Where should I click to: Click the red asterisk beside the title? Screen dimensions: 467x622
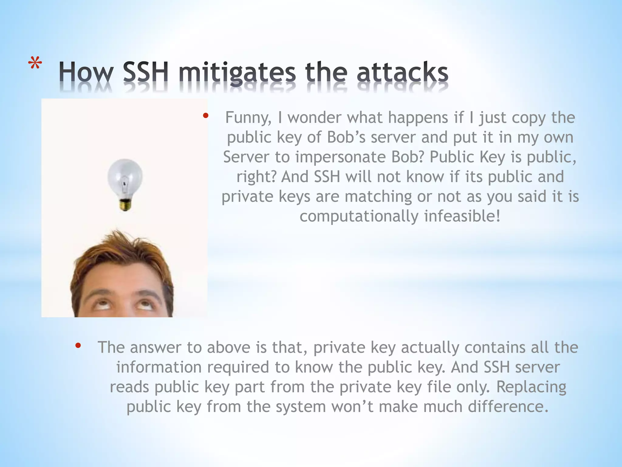click(35, 65)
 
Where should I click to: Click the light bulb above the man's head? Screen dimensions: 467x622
click(125, 179)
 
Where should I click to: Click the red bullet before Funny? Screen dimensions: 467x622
click(206, 116)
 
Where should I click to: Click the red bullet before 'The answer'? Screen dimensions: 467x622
click(78, 345)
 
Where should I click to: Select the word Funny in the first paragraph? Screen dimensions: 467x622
click(248, 118)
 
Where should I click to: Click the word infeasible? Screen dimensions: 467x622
click(462, 216)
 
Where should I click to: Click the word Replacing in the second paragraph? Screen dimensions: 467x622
click(531, 387)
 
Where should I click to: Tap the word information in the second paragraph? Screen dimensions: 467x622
click(159, 367)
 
